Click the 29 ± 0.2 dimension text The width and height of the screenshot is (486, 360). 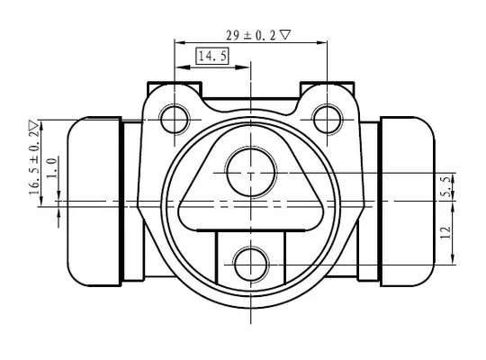coord(250,35)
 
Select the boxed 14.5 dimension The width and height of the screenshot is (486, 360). coord(212,56)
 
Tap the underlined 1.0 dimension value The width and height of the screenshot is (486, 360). coord(52,167)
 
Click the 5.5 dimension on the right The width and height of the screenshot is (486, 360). coord(446,186)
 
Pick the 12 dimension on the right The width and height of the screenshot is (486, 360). coord(445,232)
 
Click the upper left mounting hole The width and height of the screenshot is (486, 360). coord(175,120)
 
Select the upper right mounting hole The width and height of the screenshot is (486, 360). coord(328,120)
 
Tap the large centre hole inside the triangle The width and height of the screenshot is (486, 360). coord(251,173)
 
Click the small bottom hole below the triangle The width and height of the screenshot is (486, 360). coord(251,265)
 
